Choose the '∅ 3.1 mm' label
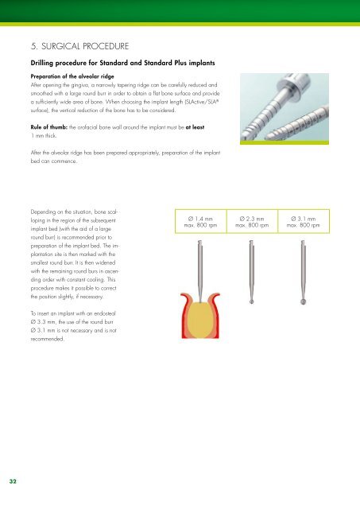(x=302, y=218)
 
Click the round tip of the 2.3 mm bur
(x=250, y=302)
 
